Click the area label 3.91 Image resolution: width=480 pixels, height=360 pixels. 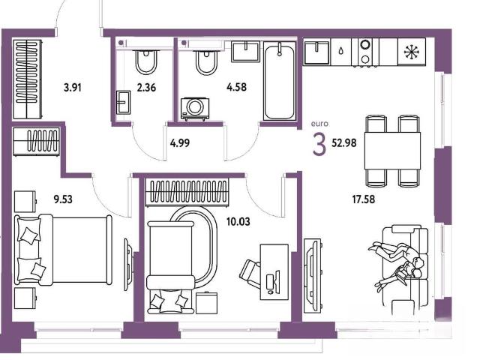point(73,88)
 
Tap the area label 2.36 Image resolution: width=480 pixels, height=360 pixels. point(147,88)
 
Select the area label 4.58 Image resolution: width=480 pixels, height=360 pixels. point(237,87)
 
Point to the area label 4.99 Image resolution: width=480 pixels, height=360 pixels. point(180,143)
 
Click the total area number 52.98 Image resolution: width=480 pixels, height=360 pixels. point(344,142)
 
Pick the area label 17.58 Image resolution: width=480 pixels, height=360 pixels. point(363,199)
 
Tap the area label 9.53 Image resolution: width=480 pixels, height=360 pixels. point(63,199)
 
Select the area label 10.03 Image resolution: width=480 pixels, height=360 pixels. point(238,221)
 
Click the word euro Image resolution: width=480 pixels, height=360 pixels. point(319,124)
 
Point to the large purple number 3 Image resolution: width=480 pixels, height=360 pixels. point(319,145)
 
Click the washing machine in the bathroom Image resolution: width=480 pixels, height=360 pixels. point(195,109)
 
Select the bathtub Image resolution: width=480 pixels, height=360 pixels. point(279,82)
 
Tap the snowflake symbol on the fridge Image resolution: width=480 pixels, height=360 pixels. point(412,52)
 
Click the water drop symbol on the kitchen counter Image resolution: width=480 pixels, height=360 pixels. point(341,51)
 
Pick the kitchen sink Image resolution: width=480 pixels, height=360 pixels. point(316,52)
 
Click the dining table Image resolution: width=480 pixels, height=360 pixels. point(392,151)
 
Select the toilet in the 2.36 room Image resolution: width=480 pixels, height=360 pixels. point(146,61)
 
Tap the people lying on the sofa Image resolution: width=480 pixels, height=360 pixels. point(397,264)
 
